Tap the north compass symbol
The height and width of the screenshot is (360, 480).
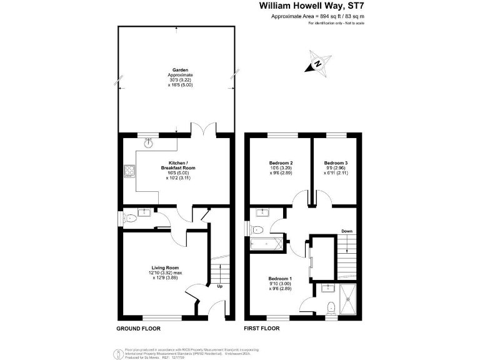[x=319, y=63]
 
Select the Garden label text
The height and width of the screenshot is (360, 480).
[x=181, y=70]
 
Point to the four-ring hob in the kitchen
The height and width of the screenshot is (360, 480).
[x=130, y=171]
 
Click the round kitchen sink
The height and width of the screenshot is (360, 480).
[x=149, y=142]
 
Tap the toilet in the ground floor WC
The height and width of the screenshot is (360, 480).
[x=130, y=218]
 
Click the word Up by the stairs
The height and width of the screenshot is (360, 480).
[x=219, y=287]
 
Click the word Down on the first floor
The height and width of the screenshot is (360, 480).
[x=347, y=231]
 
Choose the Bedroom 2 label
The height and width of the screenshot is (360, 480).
[x=279, y=163]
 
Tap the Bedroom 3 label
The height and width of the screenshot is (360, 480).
[x=336, y=163]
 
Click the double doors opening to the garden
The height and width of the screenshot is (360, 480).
[x=204, y=129]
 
